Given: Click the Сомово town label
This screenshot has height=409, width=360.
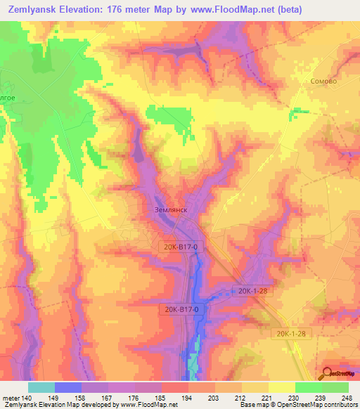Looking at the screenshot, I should (323, 82).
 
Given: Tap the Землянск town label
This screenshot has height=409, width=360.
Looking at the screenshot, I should (167, 209).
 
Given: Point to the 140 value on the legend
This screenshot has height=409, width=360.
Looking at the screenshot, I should (27, 398).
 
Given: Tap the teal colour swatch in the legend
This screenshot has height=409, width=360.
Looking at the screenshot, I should (41, 387).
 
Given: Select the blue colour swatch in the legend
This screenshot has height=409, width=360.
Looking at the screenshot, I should (68, 387).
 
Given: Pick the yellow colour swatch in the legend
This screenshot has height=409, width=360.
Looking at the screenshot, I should (282, 387).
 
